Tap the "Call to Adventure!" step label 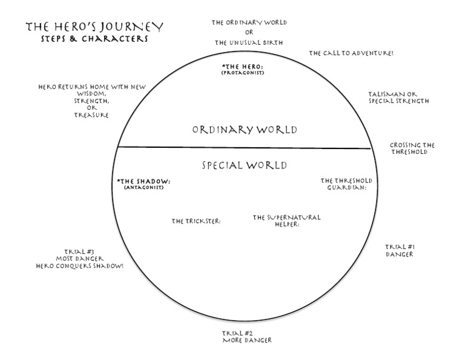click(x=351, y=53)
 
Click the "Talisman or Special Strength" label click(x=398, y=98)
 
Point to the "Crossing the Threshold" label click(x=412, y=148)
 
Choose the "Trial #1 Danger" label click(x=400, y=250)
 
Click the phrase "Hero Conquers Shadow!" click(x=79, y=265)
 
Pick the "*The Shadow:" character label click(x=143, y=181)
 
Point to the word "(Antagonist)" click(x=143, y=187)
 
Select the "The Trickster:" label click(x=196, y=221)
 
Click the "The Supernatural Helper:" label click(x=286, y=221)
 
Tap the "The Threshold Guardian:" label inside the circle click(x=346, y=184)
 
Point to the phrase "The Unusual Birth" click(x=248, y=42)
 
